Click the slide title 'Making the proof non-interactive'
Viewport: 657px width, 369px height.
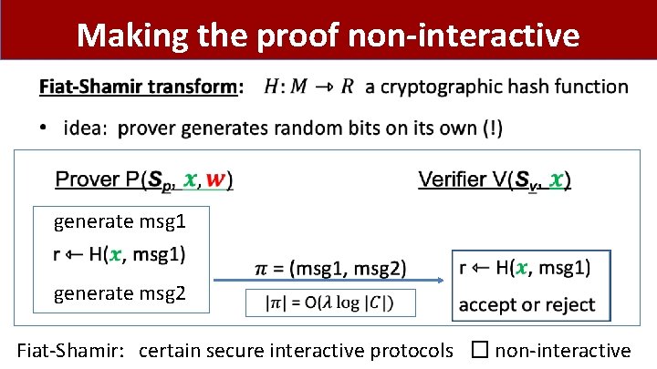point(328,35)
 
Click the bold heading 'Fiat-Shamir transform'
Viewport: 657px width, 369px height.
point(137,87)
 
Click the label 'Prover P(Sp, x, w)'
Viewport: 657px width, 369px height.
point(144,179)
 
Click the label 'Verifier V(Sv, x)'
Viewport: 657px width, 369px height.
point(494,179)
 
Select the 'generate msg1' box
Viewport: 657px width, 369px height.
point(120,220)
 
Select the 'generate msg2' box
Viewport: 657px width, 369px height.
point(120,293)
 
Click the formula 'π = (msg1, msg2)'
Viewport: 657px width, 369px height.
point(329,268)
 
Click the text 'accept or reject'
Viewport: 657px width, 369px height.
point(527,304)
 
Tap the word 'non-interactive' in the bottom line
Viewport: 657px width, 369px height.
point(563,350)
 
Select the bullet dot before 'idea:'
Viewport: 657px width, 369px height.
point(46,128)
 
